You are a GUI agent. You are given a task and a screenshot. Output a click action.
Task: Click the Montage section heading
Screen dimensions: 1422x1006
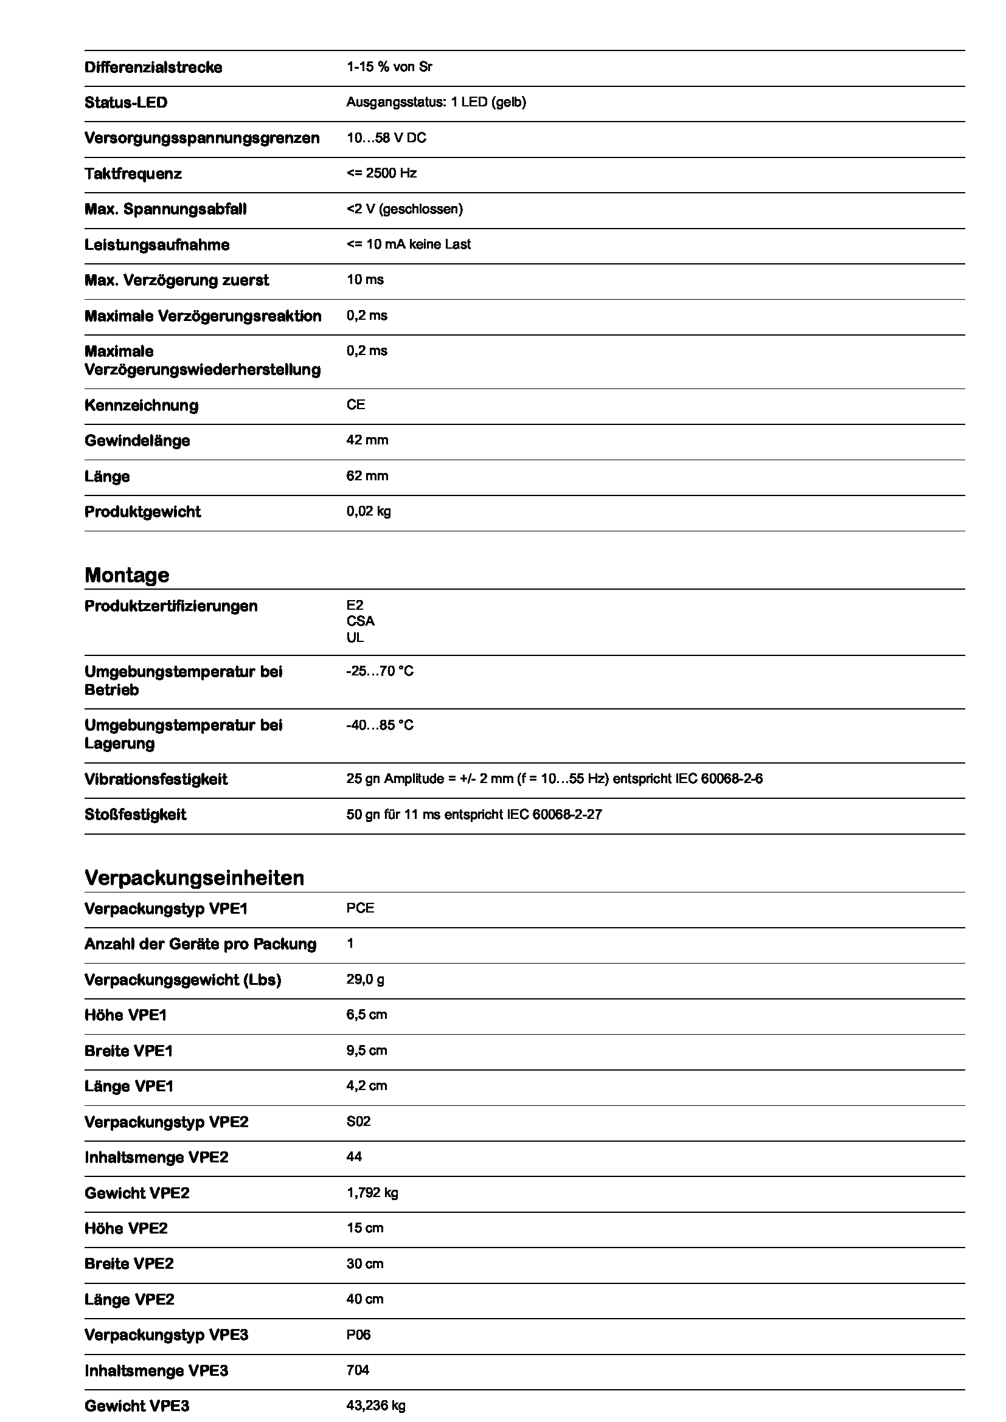point(127,575)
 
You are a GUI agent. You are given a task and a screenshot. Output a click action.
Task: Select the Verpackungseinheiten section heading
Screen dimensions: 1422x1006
point(194,878)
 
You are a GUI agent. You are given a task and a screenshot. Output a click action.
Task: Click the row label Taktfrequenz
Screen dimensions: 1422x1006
point(133,174)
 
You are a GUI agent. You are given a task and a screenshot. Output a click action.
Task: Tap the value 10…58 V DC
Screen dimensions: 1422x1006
point(386,138)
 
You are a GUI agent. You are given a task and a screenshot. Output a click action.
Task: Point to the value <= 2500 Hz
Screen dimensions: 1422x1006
point(381,173)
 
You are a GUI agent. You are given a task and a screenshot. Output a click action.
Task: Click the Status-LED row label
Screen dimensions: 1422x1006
point(126,103)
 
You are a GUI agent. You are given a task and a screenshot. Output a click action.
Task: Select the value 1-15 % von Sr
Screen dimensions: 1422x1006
point(389,67)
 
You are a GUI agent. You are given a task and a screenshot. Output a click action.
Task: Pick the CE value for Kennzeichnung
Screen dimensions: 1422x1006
point(356,405)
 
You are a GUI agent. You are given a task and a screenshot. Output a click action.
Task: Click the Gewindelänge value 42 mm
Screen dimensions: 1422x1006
point(367,440)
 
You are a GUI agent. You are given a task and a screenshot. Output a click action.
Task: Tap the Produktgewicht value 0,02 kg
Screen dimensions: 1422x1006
point(369,511)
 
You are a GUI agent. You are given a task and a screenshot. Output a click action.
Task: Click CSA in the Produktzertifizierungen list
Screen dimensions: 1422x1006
point(360,621)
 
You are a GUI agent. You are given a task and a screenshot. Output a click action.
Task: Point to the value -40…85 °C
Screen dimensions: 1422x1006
point(380,725)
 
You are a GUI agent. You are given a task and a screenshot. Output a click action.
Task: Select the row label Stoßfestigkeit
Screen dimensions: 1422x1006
point(135,815)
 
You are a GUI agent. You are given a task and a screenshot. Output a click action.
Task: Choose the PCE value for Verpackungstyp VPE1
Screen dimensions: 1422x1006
point(360,908)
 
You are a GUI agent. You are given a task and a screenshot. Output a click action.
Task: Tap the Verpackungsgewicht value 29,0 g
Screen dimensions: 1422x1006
point(365,980)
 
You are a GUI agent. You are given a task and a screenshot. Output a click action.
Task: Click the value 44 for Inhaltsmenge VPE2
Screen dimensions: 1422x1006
point(354,1157)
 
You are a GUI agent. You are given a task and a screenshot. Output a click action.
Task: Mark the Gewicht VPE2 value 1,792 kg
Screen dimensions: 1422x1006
point(372,1193)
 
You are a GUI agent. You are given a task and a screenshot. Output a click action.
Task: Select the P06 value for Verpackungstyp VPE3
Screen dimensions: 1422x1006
point(358,1334)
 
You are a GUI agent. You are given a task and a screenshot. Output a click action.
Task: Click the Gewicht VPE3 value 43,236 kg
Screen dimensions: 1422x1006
point(375,1406)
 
